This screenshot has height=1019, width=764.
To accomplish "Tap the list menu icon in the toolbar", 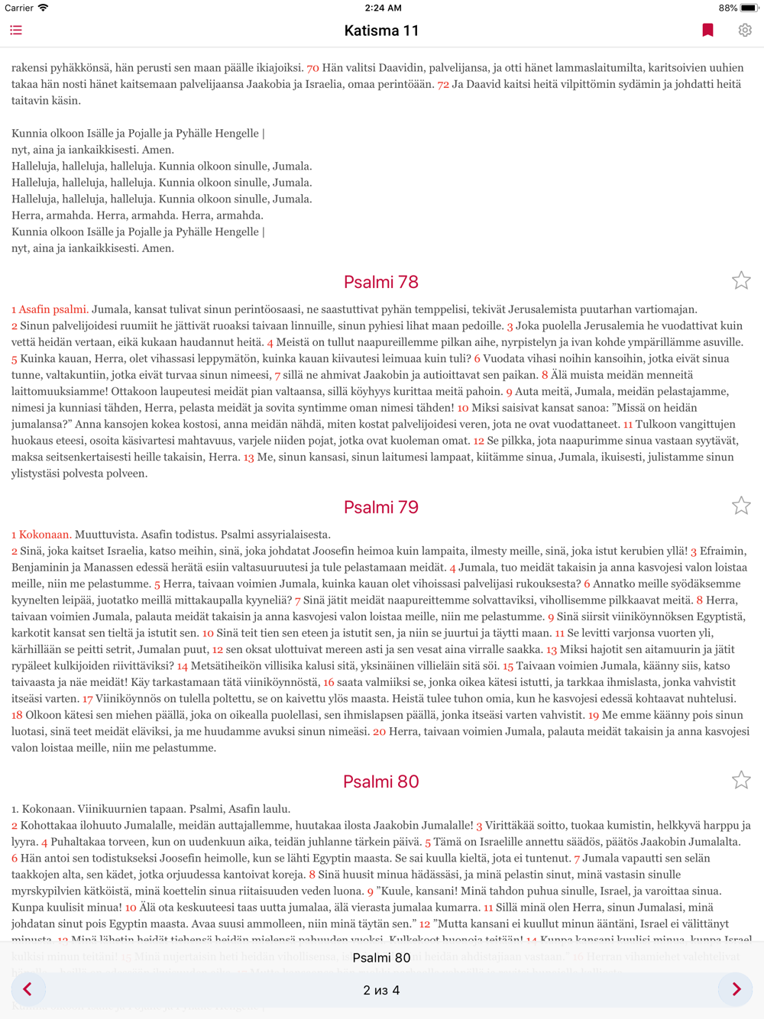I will point(16,31).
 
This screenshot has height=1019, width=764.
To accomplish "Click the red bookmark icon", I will point(707,31).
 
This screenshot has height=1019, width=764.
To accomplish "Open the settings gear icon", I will point(745,31).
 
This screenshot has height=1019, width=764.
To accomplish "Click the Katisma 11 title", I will point(381,31).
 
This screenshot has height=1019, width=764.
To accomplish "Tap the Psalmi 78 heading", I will point(381,282).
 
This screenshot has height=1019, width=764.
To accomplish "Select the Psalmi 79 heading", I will point(381,507).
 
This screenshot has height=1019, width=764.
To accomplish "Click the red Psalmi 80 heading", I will point(381,781).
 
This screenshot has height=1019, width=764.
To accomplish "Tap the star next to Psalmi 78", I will point(741,281).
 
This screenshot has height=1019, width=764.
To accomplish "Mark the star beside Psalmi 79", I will point(741,506).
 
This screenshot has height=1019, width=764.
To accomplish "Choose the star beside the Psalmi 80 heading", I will point(741,780).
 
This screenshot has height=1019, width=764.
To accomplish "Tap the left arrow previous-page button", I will point(28,989).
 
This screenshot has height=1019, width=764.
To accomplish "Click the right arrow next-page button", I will point(736,989).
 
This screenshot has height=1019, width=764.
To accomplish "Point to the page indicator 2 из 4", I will point(381,990).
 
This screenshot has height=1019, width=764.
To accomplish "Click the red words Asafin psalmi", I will point(53,309).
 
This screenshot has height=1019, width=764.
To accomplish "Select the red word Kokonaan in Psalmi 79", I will point(45,535).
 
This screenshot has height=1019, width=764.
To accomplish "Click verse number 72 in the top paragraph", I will point(443,85).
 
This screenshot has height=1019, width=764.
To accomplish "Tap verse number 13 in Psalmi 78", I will point(248,458).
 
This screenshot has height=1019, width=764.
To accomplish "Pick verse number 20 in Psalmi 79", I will point(379,732).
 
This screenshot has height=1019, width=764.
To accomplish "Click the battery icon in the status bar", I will point(748,8).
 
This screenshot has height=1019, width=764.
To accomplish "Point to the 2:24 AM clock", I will point(383,8).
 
